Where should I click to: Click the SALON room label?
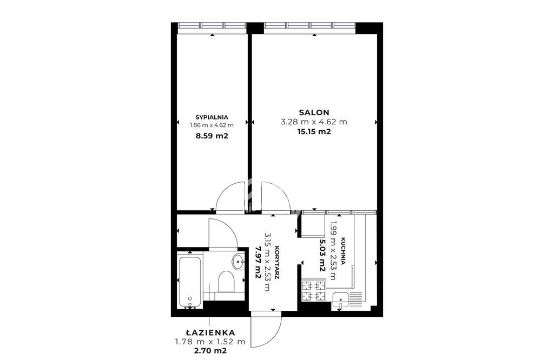(314, 112)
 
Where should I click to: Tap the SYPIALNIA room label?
(212, 117)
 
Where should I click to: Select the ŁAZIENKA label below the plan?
(210, 332)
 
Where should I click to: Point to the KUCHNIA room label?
(343, 251)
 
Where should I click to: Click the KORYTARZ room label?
(278, 263)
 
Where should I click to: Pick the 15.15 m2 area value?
(314, 132)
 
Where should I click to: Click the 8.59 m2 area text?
(212, 136)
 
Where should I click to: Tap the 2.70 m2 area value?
(210, 351)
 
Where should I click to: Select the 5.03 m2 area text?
(322, 255)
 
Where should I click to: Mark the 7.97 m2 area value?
(258, 263)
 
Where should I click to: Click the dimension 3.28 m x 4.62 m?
(314, 122)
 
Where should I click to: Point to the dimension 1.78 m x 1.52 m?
(210, 342)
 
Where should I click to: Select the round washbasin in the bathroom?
(238, 262)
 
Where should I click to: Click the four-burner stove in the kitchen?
(314, 290)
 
